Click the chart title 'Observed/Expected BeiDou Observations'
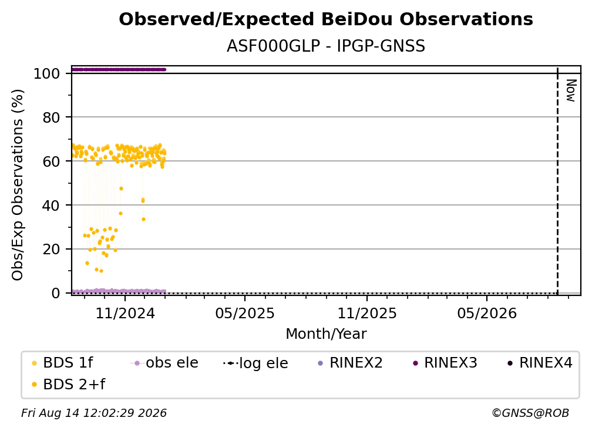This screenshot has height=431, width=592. pyautogui.click(x=326, y=19)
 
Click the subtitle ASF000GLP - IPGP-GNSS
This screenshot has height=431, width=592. pyautogui.click(x=326, y=46)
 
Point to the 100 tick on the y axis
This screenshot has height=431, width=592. pyautogui.click(x=46, y=73)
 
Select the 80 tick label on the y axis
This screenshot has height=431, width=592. pyautogui.click(x=51, y=117)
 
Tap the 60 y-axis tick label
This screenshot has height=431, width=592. pyautogui.click(x=51, y=161)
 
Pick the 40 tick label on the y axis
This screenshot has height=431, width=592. pyautogui.click(x=51, y=206)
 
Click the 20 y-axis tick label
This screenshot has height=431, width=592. pyautogui.click(x=51, y=249)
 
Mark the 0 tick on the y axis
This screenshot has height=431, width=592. pyautogui.click(x=55, y=293)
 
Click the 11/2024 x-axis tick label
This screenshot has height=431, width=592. pyautogui.click(x=125, y=313)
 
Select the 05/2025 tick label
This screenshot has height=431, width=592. pyautogui.click(x=245, y=313)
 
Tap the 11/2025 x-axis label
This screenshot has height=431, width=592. pyautogui.click(x=367, y=313)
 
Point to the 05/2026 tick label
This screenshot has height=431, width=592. pyautogui.click(x=487, y=313)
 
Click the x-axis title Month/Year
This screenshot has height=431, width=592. pyautogui.click(x=326, y=334)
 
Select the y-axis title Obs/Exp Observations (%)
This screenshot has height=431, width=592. pyautogui.click(x=18, y=185)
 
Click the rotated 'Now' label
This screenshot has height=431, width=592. pyautogui.click(x=570, y=90)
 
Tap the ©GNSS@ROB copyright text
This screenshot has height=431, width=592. pyautogui.click(x=530, y=413)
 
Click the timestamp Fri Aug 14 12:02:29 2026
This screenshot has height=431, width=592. pyautogui.click(x=93, y=413)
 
